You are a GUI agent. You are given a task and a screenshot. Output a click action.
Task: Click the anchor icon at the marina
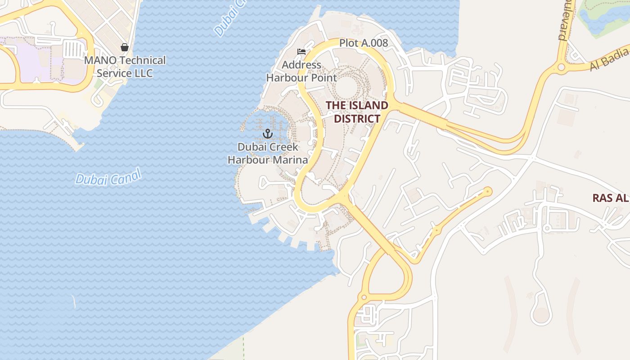(x=268, y=133)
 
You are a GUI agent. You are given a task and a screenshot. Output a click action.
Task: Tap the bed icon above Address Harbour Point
(x=301, y=52)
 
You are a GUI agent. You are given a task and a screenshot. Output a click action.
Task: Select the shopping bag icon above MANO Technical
(x=125, y=47)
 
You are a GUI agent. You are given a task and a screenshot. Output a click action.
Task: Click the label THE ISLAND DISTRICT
(x=357, y=112)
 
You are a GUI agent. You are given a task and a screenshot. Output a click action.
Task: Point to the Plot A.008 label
(x=363, y=43)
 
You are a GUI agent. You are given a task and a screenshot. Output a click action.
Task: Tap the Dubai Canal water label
(x=108, y=177)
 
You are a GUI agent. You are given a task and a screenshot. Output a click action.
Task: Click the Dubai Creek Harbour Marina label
(x=268, y=153)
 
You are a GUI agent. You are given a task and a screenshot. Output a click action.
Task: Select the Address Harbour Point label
(x=301, y=71)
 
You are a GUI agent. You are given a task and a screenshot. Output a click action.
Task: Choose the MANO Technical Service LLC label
(x=125, y=67)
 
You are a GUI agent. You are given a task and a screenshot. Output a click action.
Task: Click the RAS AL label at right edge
(x=610, y=198)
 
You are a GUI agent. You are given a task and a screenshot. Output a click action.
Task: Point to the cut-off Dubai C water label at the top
(x=230, y=18)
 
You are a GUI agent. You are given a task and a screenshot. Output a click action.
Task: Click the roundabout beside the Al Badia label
(x=561, y=67)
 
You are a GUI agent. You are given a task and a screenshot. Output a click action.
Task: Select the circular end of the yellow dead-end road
(x=487, y=192)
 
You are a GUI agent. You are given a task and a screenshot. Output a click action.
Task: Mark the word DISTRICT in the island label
(x=357, y=119)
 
